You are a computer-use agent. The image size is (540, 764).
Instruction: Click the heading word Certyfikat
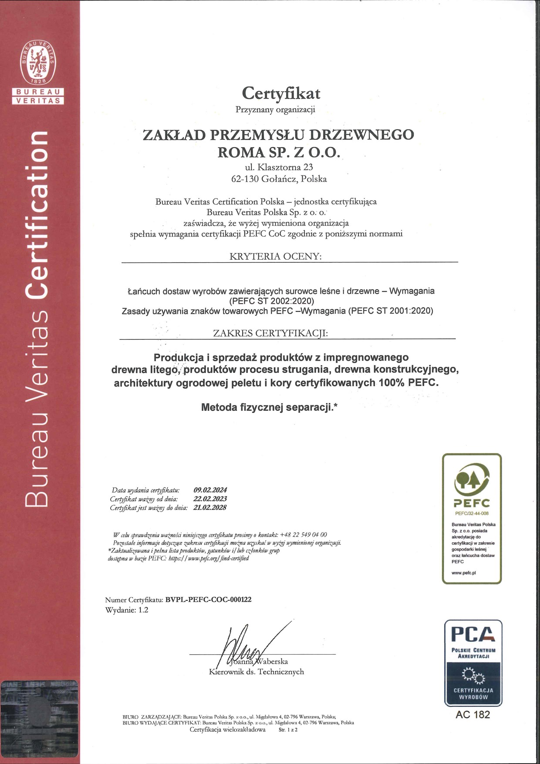[281, 93]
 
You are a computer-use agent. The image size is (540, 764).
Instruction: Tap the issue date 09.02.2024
[210, 490]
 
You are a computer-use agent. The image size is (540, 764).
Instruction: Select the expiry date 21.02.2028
[210, 507]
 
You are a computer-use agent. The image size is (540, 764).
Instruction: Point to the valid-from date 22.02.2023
[210, 499]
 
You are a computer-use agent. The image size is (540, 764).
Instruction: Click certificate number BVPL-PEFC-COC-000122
[209, 599]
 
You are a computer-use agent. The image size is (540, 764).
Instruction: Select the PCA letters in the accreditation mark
[472, 634]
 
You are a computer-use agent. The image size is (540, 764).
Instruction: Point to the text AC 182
[472, 715]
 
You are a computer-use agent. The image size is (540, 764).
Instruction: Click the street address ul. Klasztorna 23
[279, 167]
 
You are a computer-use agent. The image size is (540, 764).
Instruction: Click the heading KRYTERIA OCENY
[275, 257]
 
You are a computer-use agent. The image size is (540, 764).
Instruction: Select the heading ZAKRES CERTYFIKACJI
[270, 334]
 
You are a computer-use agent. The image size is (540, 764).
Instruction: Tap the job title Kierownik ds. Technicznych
[256, 672]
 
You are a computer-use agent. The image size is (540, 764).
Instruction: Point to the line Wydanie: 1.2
[127, 610]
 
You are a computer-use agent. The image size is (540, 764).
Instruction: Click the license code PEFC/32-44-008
[472, 514]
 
